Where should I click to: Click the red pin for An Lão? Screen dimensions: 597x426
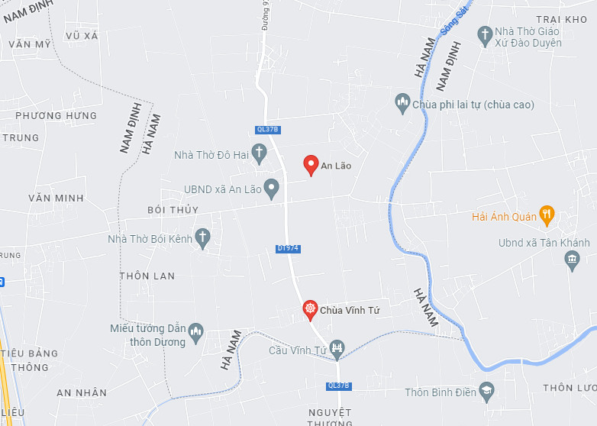[x=311, y=164]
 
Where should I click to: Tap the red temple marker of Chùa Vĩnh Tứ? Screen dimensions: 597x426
[x=310, y=309]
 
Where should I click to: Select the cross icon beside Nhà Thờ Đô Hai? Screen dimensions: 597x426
[x=260, y=155]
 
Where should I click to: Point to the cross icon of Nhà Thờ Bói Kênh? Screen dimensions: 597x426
[x=203, y=238]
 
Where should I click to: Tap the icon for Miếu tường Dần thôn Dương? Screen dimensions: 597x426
[x=196, y=331]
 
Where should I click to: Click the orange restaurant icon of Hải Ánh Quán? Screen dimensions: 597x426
[x=547, y=215]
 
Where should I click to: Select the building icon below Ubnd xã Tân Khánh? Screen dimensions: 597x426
[x=573, y=260]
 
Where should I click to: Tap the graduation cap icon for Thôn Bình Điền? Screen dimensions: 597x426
[x=486, y=392]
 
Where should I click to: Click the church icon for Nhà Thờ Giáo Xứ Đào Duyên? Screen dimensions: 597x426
[x=485, y=36]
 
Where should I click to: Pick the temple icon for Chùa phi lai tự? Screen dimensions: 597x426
[x=402, y=103]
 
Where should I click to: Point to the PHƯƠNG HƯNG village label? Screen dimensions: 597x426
[x=56, y=116]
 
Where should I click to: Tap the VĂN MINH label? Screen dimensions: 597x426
[x=56, y=198]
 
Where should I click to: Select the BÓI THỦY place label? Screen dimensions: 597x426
[x=173, y=210]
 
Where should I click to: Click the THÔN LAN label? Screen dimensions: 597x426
[x=147, y=276]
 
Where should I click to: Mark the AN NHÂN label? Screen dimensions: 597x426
[x=82, y=392]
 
